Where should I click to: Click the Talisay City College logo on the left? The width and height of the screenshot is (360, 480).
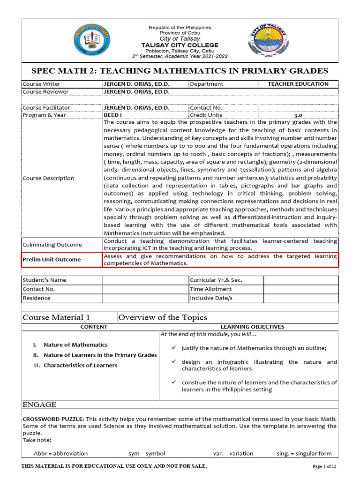tap(93, 41)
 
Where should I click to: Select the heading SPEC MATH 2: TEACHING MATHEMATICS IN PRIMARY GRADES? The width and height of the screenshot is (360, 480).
tap(180, 71)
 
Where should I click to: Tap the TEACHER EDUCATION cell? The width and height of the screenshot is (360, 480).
tap(298, 84)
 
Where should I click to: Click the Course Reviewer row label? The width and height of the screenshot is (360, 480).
tap(45, 92)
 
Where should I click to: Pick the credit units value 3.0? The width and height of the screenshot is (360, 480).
tap(298, 115)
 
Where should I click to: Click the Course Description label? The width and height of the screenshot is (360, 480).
tap(48, 178)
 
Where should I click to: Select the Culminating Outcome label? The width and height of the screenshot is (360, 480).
tap(52, 245)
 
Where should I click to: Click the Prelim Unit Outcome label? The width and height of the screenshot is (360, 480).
tap(52, 259)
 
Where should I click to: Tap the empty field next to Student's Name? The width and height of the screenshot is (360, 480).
tap(145, 280)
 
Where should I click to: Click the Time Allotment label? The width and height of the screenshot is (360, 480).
tap(210, 289)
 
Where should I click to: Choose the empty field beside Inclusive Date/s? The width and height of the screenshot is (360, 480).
tap(300, 298)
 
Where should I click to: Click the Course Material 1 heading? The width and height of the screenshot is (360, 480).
tap(56, 317)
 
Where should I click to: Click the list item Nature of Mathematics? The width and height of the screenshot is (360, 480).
tap(75, 345)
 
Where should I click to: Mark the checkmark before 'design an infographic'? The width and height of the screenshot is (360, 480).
tap(173, 362)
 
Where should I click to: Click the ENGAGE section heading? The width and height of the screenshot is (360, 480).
tap(39, 405)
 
